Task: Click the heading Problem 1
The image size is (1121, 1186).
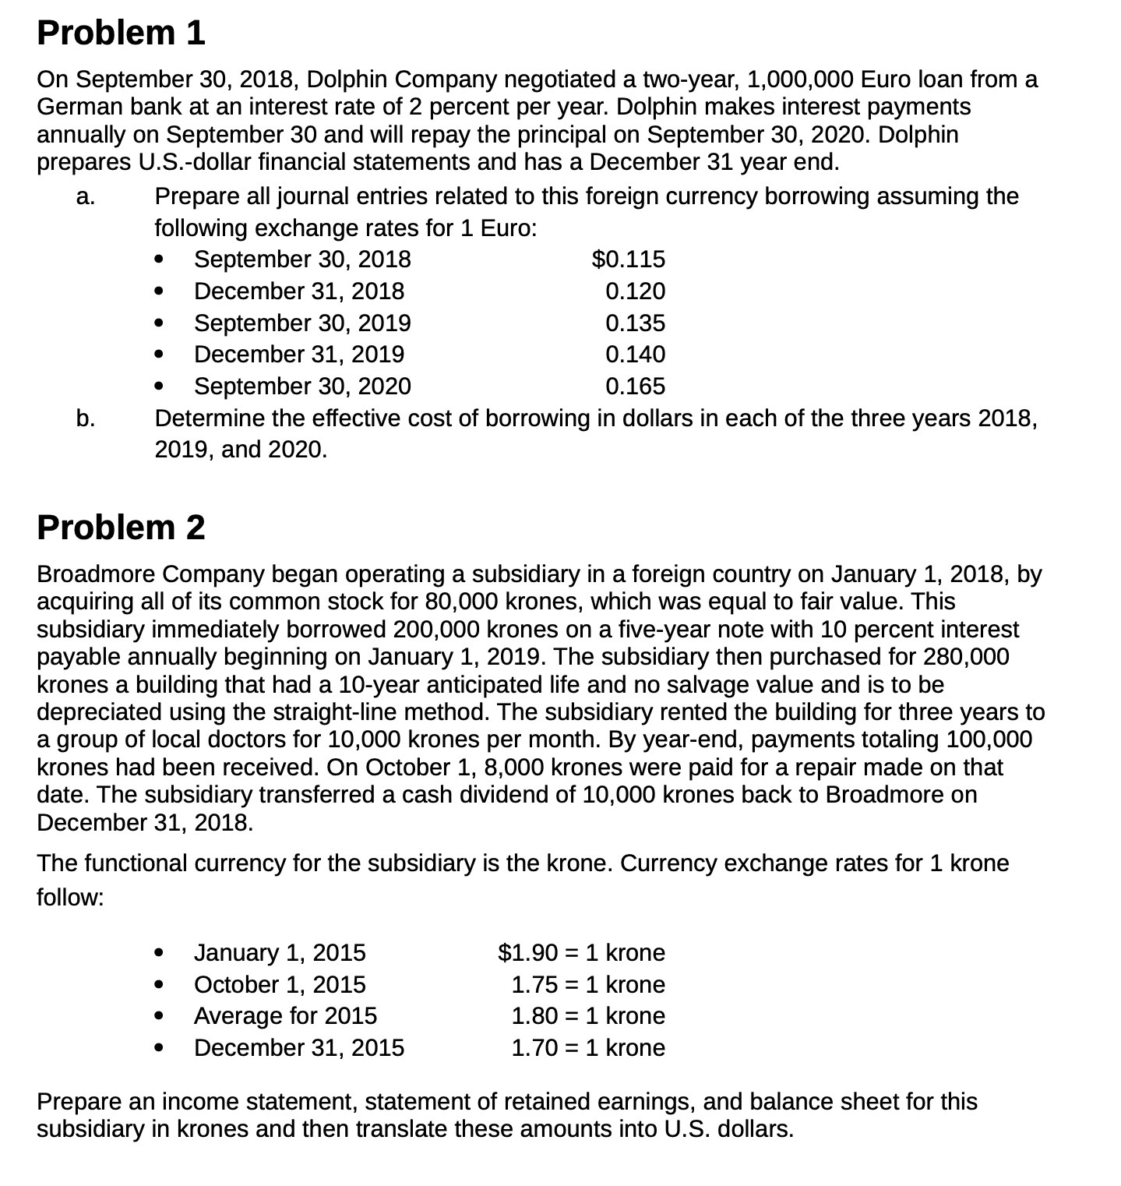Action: [x=121, y=33]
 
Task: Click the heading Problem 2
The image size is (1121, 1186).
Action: [x=121, y=528]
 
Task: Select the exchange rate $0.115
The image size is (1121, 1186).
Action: [x=629, y=259]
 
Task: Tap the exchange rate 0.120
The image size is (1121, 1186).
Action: [x=635, y=291]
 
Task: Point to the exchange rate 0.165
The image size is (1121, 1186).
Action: [x=635, y=387]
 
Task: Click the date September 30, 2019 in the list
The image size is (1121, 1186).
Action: [x=302, y=323]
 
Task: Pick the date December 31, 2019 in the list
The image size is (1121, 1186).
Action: [x=299, y=355]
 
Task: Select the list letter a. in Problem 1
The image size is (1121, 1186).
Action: [x=86, y=196]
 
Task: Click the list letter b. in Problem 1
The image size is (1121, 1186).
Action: [x=86, y=419]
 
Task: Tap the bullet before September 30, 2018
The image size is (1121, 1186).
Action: [x=160, y=259]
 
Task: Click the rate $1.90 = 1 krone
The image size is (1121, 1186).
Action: [x=581, y=952]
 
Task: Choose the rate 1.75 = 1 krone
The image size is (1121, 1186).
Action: [x=588, y=984]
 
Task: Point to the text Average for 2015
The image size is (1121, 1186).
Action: [x=285, y=1016]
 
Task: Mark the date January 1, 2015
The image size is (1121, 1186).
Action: [x=280, y=952]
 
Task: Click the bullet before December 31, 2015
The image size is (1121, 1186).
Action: [x=160, y=1048]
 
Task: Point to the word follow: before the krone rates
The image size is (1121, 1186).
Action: [x=70, y=898]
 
